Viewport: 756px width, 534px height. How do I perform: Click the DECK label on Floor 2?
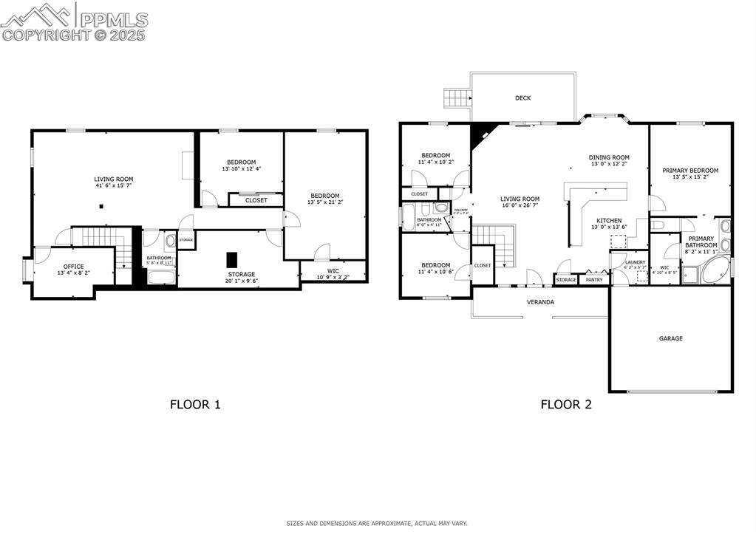[522, 98]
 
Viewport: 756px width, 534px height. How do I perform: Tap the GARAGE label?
[670, 338]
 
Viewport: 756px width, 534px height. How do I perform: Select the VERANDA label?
[540, 302]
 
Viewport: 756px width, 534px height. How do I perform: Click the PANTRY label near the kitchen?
[594, 280]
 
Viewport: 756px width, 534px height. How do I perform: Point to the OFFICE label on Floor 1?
[73, 267]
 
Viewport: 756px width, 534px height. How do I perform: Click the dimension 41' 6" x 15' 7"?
[113, 186]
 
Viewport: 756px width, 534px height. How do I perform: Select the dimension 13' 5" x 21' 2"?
[324, 202]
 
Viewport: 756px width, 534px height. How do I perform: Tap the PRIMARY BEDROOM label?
[690, 171]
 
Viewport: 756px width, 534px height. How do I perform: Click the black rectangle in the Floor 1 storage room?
[232, 260]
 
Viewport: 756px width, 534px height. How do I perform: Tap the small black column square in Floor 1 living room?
[103, 208]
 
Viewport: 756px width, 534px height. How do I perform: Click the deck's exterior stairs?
[456, 97]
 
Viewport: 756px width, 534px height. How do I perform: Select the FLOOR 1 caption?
[195, 404]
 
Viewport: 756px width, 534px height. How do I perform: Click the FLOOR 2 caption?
[565, 404]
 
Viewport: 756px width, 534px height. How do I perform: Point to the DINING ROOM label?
[609, 157]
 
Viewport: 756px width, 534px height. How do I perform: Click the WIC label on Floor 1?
[333, 271]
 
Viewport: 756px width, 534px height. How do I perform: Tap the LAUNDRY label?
[635, 262]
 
